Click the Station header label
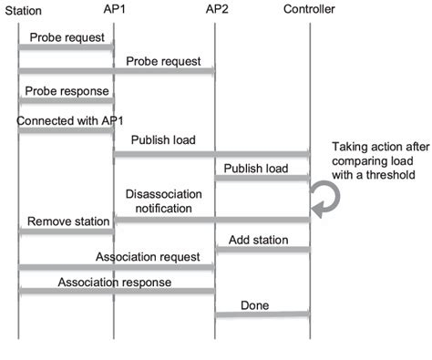(24, 10)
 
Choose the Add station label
(259, 241)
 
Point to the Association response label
(115, 283)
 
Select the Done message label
(256, 303)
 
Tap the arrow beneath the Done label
(262, 315)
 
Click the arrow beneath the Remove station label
(67, 231)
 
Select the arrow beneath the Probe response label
(67, 101)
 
